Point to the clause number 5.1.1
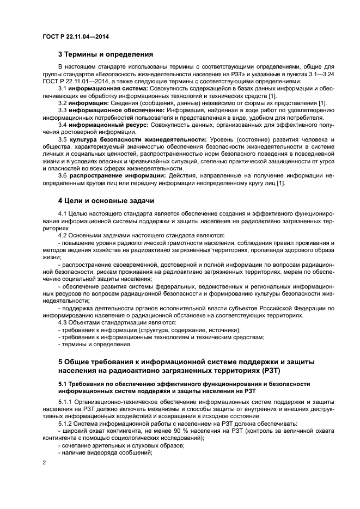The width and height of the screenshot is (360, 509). click(x=65, y=401)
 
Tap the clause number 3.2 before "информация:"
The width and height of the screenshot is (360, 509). click(x=63, y=103)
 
